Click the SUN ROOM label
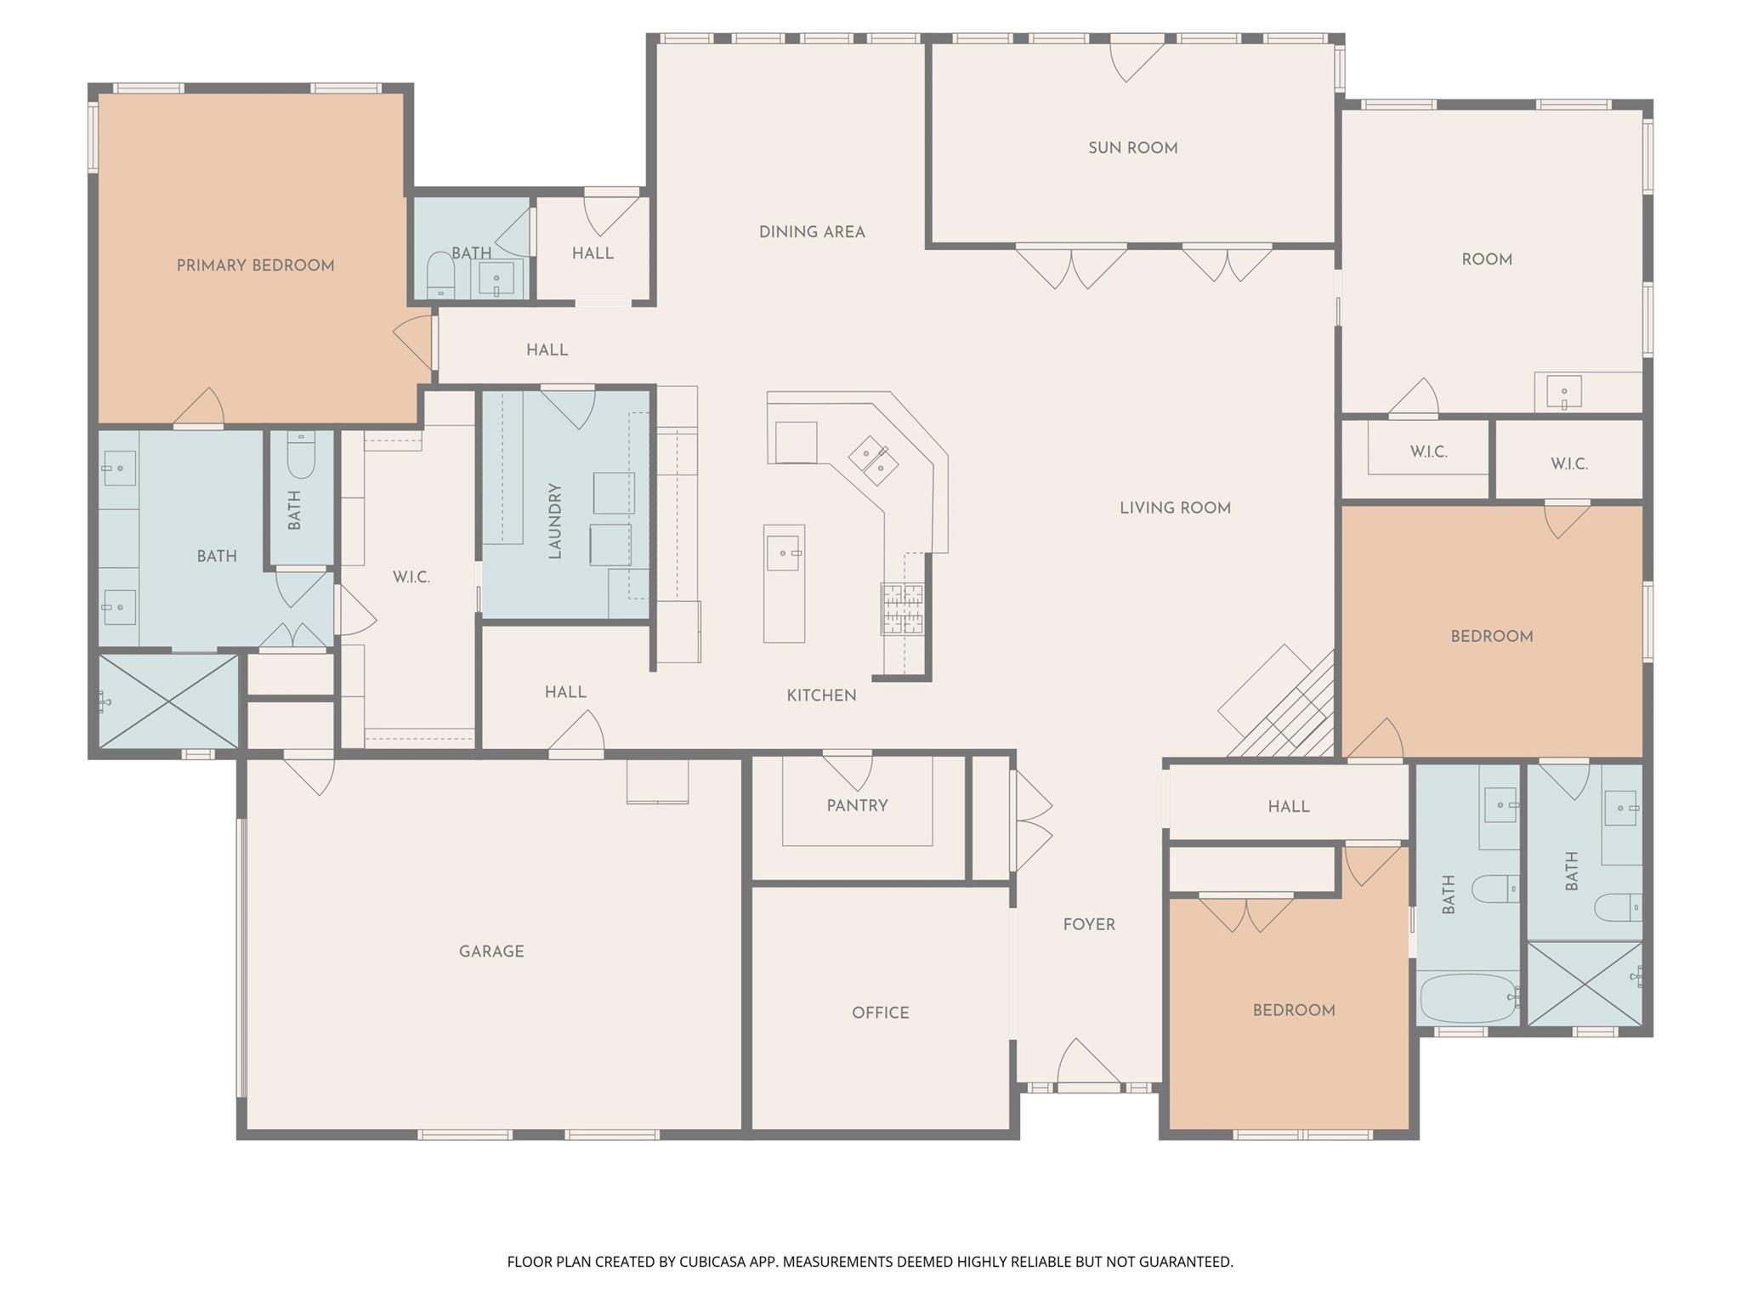(x=1132, y=148)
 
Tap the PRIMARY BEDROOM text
(x=255, y=265)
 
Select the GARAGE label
(x=491, y=951)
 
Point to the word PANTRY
(x=857, y=805)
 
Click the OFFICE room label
(x=880, y=1013)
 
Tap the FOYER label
(x=1088, y=924)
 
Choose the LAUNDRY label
(x=555, y=520)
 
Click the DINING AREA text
(x=812, y=232)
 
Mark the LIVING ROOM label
(x=1175, y=508)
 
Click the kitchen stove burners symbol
(x=902, y=609)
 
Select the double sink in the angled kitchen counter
(x=874, y=460)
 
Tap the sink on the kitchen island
(x=783, y=554)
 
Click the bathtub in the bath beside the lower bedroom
(x=1468, y=998)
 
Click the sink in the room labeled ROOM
(x=1564, y=392)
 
